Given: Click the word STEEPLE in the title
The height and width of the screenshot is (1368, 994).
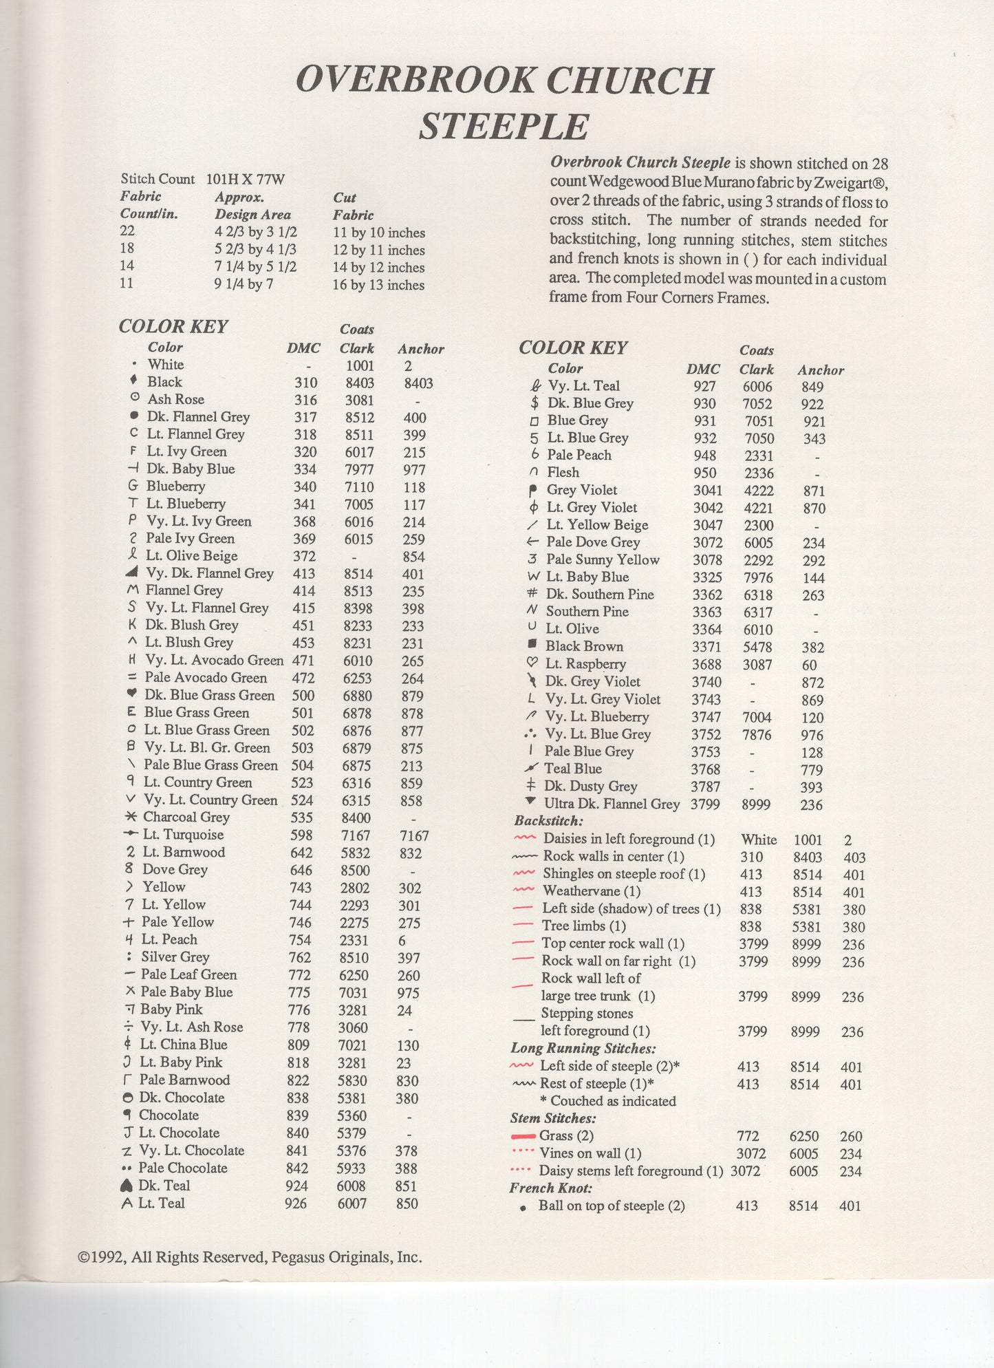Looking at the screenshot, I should (504, 127).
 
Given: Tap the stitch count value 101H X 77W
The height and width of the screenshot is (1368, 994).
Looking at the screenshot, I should (246, 180).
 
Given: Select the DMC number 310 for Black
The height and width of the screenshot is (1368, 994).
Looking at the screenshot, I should (305, 383).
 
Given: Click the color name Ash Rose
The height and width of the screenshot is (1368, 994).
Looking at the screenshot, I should (175, 399).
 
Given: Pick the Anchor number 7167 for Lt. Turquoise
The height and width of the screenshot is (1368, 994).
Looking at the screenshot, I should (414, 835).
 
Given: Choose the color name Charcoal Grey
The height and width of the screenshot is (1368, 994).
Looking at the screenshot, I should (186, 817).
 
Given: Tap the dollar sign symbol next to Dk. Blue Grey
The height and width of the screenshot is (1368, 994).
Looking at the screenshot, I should (534, 403).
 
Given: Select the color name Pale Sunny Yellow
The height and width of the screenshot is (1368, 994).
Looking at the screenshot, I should (603, 559).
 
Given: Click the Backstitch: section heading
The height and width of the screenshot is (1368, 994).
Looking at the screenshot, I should (548, 820).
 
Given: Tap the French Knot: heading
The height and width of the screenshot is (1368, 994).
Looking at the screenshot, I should (550, 1188).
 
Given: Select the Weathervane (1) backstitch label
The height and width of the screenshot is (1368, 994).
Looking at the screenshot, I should (591, 891).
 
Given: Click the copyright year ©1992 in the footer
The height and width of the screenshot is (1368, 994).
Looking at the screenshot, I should (101, 1257).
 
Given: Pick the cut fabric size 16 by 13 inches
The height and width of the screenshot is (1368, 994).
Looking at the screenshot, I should (378, 285).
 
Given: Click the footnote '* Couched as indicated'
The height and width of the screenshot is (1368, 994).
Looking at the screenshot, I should (608, 1101).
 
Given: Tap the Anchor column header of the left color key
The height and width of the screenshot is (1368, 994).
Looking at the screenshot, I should (420, 349).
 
